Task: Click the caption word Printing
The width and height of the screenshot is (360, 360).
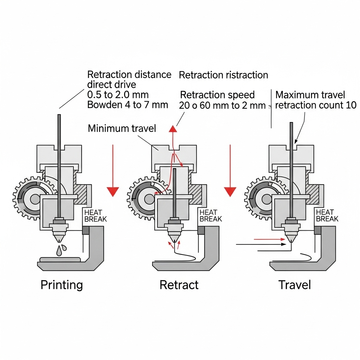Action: [62, 284]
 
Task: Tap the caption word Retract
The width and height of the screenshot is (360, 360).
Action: [179, 284]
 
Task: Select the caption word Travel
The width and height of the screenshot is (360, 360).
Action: [295, 284]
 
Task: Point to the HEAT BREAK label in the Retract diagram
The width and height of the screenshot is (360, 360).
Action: [211, 216]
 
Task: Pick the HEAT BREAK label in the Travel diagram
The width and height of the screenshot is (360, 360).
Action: [327, 216]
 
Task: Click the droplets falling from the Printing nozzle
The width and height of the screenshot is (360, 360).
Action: [61, 250]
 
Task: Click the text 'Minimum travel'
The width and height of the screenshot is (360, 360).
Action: [122, 128]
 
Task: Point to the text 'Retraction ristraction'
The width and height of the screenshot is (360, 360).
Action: [224, 75]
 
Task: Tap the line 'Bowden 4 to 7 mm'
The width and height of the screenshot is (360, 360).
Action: [127, 105]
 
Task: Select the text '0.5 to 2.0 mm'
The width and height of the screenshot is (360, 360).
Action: [117, 95]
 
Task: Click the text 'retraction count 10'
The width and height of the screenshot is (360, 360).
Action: [316, 105]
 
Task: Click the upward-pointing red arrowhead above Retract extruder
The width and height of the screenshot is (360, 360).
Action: [173, 128]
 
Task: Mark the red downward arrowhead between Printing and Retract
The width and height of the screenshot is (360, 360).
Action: [113, 191]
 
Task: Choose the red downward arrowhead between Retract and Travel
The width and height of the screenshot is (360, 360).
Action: [230, 191]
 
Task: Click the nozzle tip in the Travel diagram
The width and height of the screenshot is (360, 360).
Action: [290, 240]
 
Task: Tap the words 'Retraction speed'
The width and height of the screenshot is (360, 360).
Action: [217, 95]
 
